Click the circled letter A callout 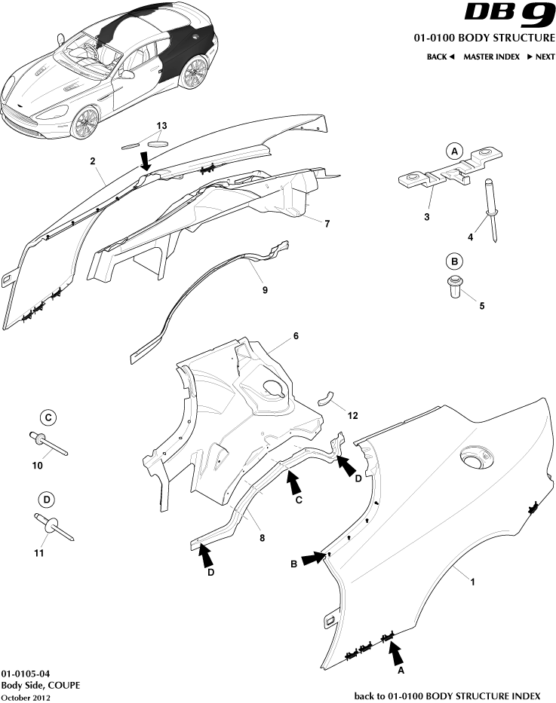tap(454, 151)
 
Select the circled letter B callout tap(454, 261)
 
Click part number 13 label tap(161, 125)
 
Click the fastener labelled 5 tap(454, 288)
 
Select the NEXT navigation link tap(540, 57)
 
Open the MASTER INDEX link tap(491, 57)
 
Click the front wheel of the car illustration tap(84, 121)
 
